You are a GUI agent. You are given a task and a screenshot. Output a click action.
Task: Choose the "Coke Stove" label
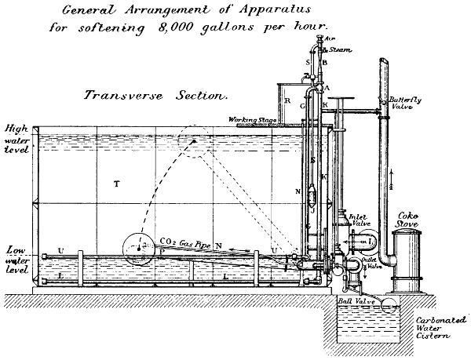(411, 217)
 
